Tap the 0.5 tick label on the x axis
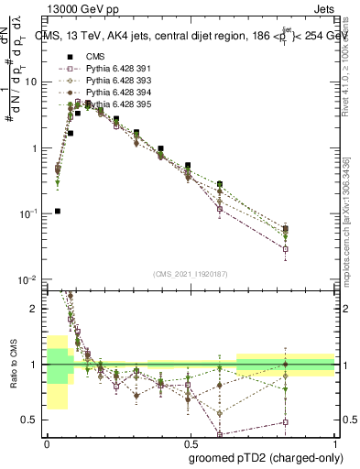coord(190,442)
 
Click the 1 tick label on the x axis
coord(334,442)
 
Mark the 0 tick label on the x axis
coord(46,442)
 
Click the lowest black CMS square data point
coord(58,211)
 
